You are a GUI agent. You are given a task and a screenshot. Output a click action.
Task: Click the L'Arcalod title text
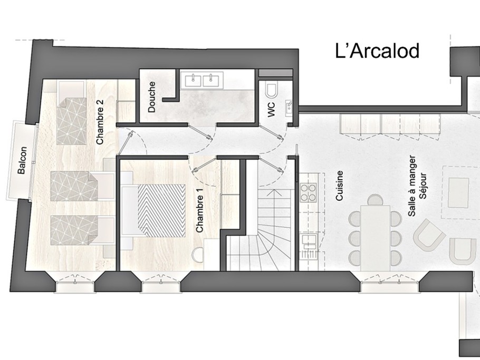[377, 51]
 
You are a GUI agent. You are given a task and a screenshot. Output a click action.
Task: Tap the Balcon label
[22, 160]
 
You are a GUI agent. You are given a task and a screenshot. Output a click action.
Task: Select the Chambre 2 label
[100, 122]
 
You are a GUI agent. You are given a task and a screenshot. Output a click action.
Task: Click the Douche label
[151, 97]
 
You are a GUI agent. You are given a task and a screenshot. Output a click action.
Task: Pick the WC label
[271, 110]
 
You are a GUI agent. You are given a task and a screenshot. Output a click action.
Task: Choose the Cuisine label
[339, 186]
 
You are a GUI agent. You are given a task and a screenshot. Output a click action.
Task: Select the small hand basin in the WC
[289, 106]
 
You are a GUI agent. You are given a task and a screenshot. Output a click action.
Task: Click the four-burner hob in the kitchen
[308, 192]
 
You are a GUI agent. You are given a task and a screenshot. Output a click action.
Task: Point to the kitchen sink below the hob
[308, 241]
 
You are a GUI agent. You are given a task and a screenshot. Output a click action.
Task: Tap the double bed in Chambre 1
[153, 210]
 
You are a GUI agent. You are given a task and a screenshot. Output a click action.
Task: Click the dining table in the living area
[376, 238]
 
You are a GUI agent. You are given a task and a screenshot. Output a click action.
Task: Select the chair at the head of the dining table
[376, 200]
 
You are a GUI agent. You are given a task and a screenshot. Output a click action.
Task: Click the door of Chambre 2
[126, 142]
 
